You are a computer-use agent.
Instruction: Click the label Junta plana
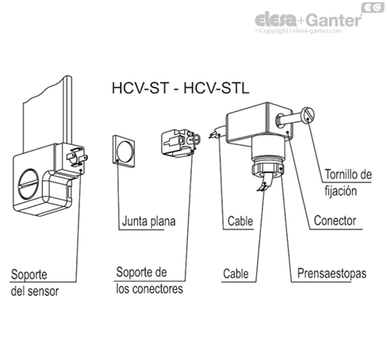(148, 221)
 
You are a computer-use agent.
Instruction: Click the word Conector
(333, 221)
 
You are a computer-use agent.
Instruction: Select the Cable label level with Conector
(239, 221)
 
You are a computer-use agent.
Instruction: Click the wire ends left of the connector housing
(216, 135)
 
